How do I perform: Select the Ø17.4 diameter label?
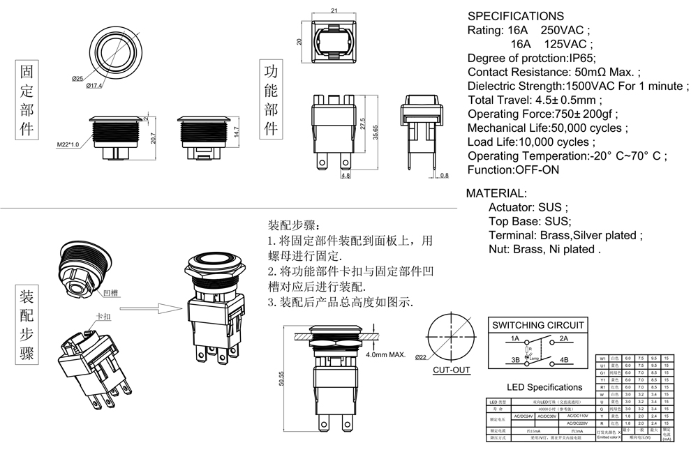click(94, 86)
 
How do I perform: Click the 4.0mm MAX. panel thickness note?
click(386, 355)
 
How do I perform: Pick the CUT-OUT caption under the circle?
click(451, 370)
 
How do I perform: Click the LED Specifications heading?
click(544, 387)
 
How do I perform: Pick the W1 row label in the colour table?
click(601, 358)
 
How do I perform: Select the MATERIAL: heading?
click(496, 193)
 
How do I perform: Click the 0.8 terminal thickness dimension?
click(445, 175)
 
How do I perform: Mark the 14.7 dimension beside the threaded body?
click(237, 131)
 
